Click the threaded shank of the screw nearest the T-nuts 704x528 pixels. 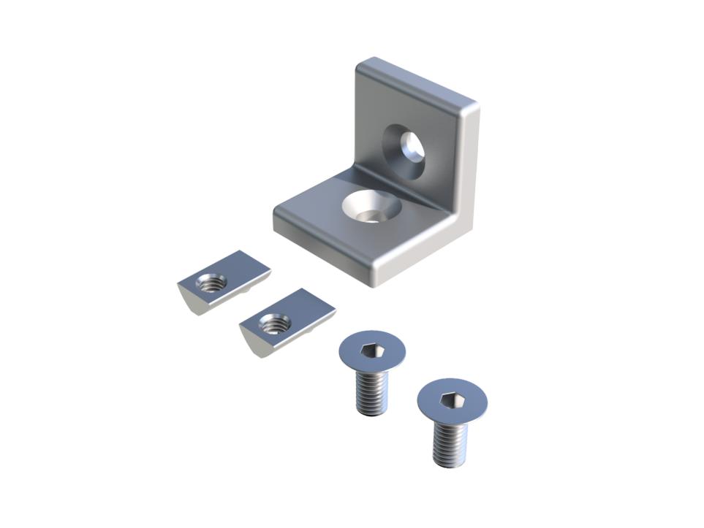[x=372, y=392]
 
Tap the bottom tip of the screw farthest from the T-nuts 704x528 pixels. [x=447, y=463]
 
